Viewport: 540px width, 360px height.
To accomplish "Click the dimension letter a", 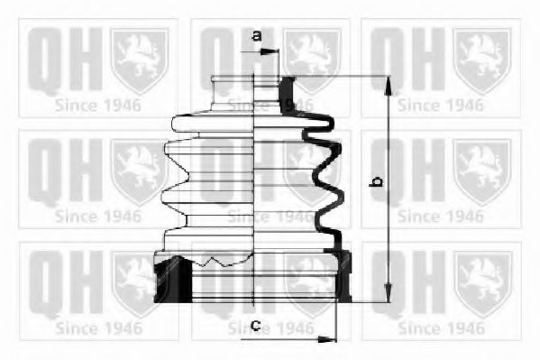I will (x=256, y=36).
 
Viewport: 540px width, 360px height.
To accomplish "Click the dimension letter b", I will (x=377, y=180).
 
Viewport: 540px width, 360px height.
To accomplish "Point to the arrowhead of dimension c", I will (x=329, y=340).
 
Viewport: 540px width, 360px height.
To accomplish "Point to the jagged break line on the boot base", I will (x=212, y=263).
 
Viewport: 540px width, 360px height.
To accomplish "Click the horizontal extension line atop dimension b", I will (x=343, y=76).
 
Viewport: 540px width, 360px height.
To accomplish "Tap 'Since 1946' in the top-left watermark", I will (x=97, y=105).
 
